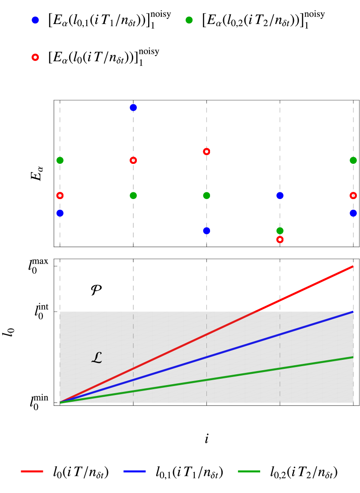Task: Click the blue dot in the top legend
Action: click(35, 20)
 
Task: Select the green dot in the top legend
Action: click(189, 20)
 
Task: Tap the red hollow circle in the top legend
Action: click(35, 57)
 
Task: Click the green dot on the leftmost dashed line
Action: click(60, 160)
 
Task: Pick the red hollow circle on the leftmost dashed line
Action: click(60, 195)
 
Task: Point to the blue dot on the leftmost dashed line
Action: click(60, 213)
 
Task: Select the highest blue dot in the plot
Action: click(133, 107)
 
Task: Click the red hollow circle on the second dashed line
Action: click(133, 160)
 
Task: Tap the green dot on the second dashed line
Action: click(133, 195)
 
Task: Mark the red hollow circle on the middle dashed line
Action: click(206, 152)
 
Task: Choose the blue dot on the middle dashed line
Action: click(206, 231)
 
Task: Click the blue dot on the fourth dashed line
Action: click(280, 195)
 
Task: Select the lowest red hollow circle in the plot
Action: click(280, 239)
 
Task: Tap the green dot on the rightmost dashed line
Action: click(353, 160)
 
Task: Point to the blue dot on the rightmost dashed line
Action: click(353, 213)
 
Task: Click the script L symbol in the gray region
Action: click(97, 358)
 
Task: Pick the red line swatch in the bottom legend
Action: click(32, 471)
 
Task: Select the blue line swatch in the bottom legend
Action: click(135, 471)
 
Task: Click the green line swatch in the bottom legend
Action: click(249, 471)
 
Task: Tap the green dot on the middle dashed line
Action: click(206, 195)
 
